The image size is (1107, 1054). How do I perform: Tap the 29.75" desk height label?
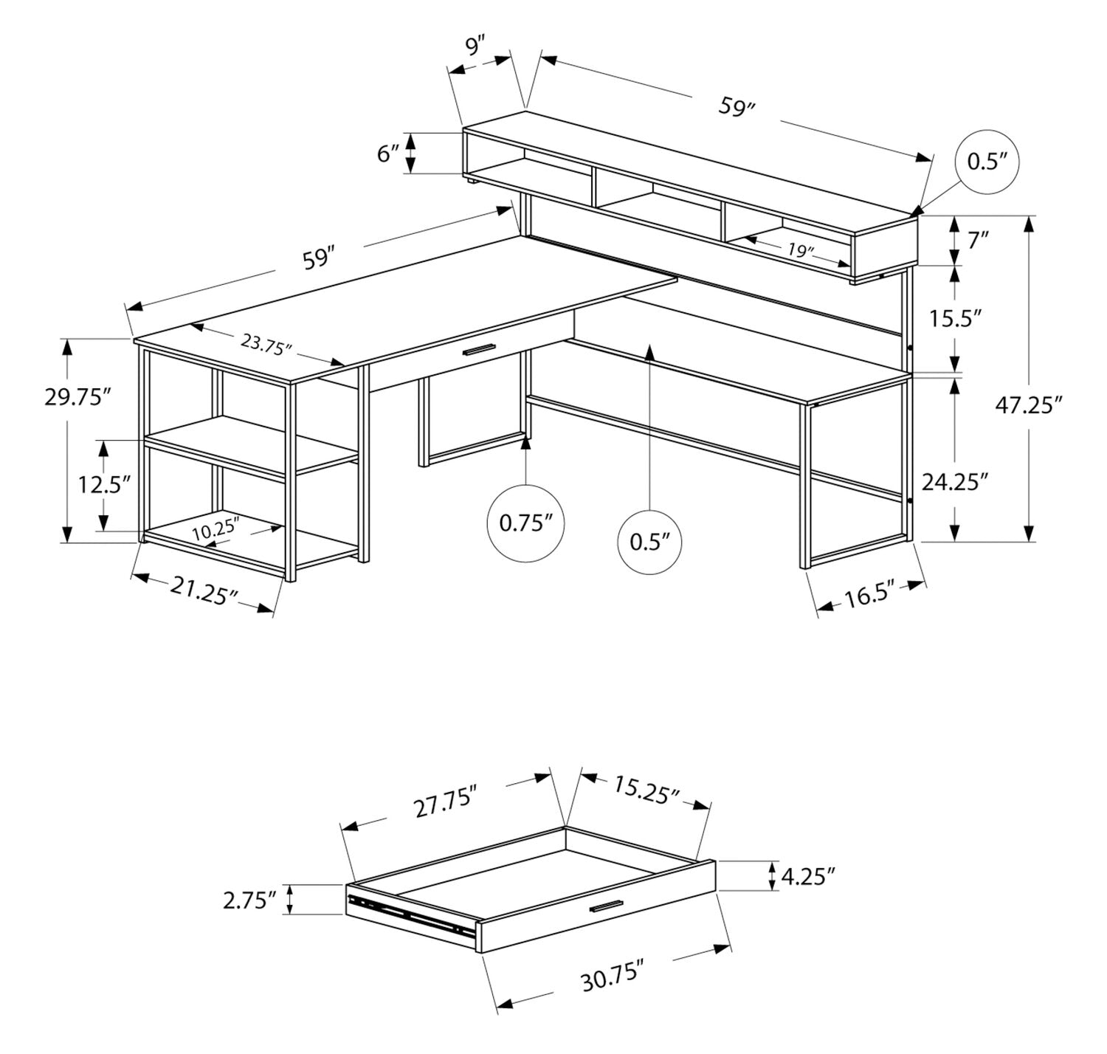click(x=77, y=396)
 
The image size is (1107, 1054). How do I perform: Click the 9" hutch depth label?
click(x=477, y=46)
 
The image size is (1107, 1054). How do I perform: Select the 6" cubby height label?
click(x=388, y=154)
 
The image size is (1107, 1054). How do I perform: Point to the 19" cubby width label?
click(x=799, y=250)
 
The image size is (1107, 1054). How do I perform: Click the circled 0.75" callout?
click(x=526, y=523)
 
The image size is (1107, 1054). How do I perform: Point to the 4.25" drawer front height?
click(x=809, y=877)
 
